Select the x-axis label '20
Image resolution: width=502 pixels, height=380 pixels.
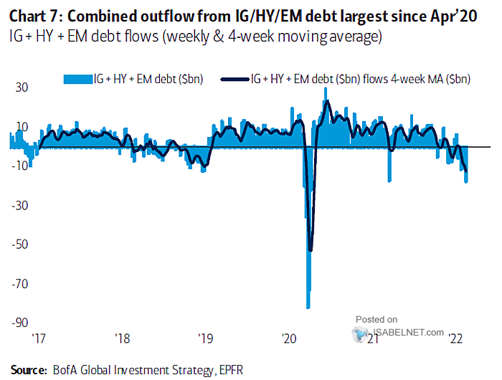coord(290,338)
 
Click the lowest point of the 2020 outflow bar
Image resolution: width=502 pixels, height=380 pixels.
coord(308,308)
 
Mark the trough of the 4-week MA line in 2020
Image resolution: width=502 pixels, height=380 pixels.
coord(311,250)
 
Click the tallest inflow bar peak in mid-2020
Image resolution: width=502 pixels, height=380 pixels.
coord(326,89)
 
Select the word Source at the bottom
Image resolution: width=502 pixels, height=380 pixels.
coord(28,370)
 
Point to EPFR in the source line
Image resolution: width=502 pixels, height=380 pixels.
coord(232,370)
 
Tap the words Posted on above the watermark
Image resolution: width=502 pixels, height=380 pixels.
coord(376,319)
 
